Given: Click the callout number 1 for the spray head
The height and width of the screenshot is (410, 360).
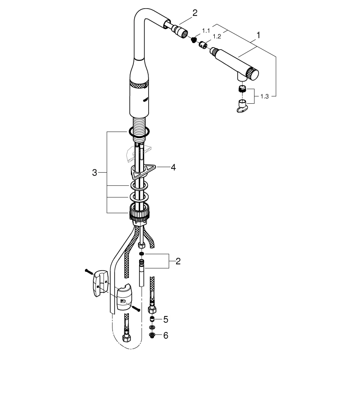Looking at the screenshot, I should point(258,36).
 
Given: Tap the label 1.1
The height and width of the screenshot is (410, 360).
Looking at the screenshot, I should point(206,31).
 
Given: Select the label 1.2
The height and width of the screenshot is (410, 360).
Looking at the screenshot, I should point(216,36).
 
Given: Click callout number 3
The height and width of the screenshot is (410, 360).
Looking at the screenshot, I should point(94,173).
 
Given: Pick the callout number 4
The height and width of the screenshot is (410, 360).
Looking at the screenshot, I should point(173,167).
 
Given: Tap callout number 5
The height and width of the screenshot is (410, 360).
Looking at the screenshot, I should point(165,319).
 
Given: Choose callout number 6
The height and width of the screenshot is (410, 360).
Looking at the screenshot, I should point(165,335).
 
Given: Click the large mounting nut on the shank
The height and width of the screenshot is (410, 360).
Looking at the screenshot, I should point(139,212).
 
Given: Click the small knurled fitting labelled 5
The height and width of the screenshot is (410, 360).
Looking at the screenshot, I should point(152,319).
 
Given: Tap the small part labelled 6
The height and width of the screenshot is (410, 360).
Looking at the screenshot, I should point(152,335).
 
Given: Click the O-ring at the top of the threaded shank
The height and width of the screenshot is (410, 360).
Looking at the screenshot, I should point(139,132).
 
